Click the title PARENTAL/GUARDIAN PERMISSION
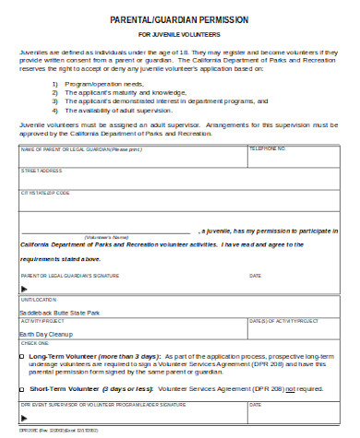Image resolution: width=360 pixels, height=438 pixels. pyautogui.click(x=179, y=19)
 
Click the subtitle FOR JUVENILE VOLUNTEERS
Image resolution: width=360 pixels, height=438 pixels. pyautogui.click(x=179, y=34)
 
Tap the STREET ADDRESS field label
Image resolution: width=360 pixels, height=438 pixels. pyautogui.click(x=42, y=171)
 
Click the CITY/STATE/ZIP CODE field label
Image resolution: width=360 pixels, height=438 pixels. pyautogui.click(x=45, y=193)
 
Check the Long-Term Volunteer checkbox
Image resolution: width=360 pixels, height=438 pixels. pyautogui.click(x=23, y=355)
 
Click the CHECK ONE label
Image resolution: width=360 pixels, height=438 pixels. pyautogui.click(x=34, y=342)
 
